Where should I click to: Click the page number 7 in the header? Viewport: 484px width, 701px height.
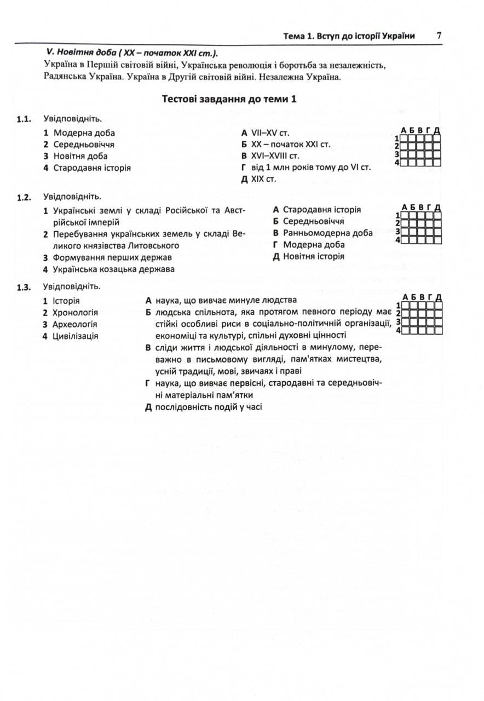pos(439,36)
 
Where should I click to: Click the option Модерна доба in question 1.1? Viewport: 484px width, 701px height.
pos(84,133)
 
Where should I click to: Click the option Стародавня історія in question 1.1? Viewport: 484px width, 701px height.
pos(91,168)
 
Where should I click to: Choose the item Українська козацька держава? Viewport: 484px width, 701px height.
pos(113,269)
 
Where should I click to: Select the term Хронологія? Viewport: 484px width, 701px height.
pos(75,313)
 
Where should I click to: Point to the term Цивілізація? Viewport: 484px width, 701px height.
pos(75,336)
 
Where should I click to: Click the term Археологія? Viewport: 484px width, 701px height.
pos(74,324)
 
